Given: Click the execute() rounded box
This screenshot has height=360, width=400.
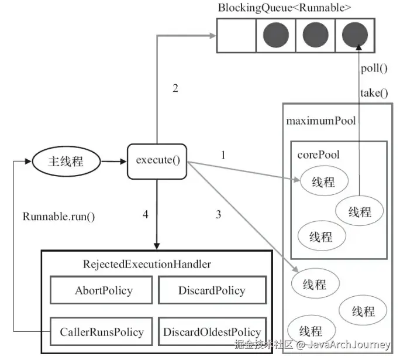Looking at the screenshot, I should click(x=157, y=160).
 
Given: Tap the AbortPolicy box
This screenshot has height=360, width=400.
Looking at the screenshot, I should click(x=104, y=291).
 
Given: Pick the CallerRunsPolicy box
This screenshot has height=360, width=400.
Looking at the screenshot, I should click(x=101, y=332).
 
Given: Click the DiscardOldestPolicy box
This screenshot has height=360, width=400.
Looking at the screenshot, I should click(x=211, y=332).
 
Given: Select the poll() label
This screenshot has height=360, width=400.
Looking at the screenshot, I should click(x=375, y=68).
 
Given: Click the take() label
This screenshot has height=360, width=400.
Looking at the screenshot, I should click(x=375, y=92).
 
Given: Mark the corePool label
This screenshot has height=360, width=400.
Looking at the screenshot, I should click(x=319, y=155).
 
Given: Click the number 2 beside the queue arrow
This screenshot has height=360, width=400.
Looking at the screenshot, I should click(x=175, y=89).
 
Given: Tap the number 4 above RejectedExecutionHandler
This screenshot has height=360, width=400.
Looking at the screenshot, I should click(x=146, y=215).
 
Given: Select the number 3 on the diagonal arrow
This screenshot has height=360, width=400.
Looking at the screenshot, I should click(x=218, y=215).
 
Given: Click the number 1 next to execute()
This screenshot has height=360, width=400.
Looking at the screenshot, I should click(x=223, y=155).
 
